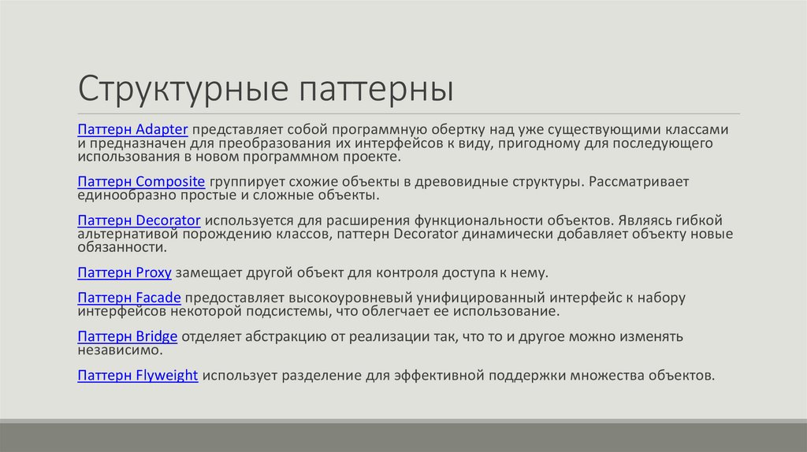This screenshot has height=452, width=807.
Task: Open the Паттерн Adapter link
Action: click(132, 128)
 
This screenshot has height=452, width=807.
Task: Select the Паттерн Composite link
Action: click(142, 182)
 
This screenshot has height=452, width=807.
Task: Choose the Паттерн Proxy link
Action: click(125, 272)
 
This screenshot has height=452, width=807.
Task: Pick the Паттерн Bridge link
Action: click(128, 337)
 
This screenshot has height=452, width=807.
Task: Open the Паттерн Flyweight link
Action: click(138, 375)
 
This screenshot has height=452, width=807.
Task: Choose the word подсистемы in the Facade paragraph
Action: click(340, 311)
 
